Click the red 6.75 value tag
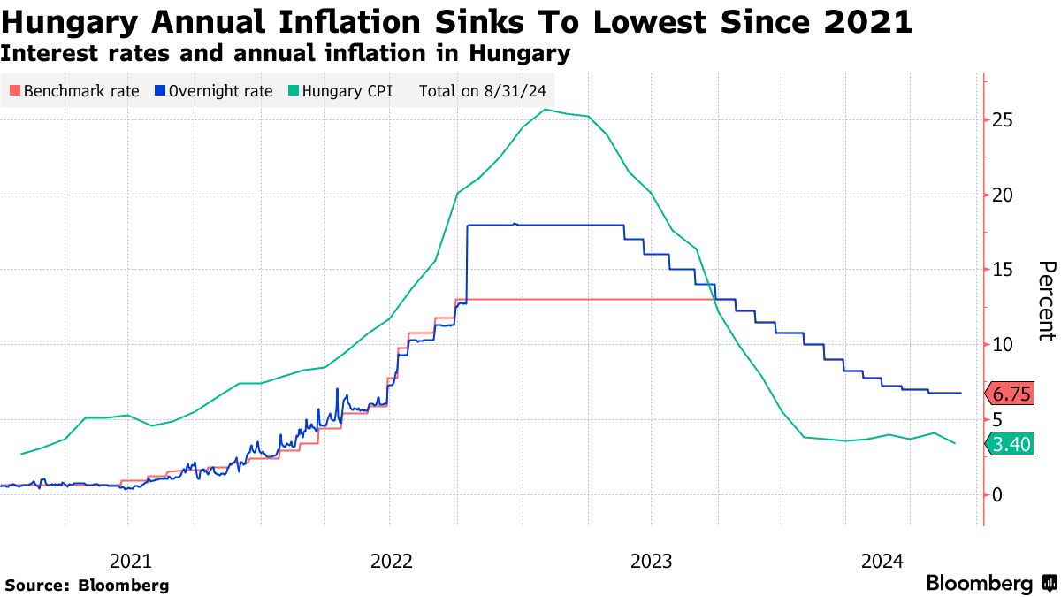point(1011,394)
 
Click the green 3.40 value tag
point(1011,444)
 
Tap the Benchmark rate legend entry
point(74,90)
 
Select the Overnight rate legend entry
point(213,90)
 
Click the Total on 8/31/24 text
point(481,90)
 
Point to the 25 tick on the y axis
point(1004,119)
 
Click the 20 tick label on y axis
point(1004,195)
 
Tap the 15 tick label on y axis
point(1004,269)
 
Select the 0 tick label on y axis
point(998,494)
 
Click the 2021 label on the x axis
point(130,561)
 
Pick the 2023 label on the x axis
point(652,561)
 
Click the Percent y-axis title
point(1047,300)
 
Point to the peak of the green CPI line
point(546,110)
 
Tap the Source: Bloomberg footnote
point(87,585)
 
